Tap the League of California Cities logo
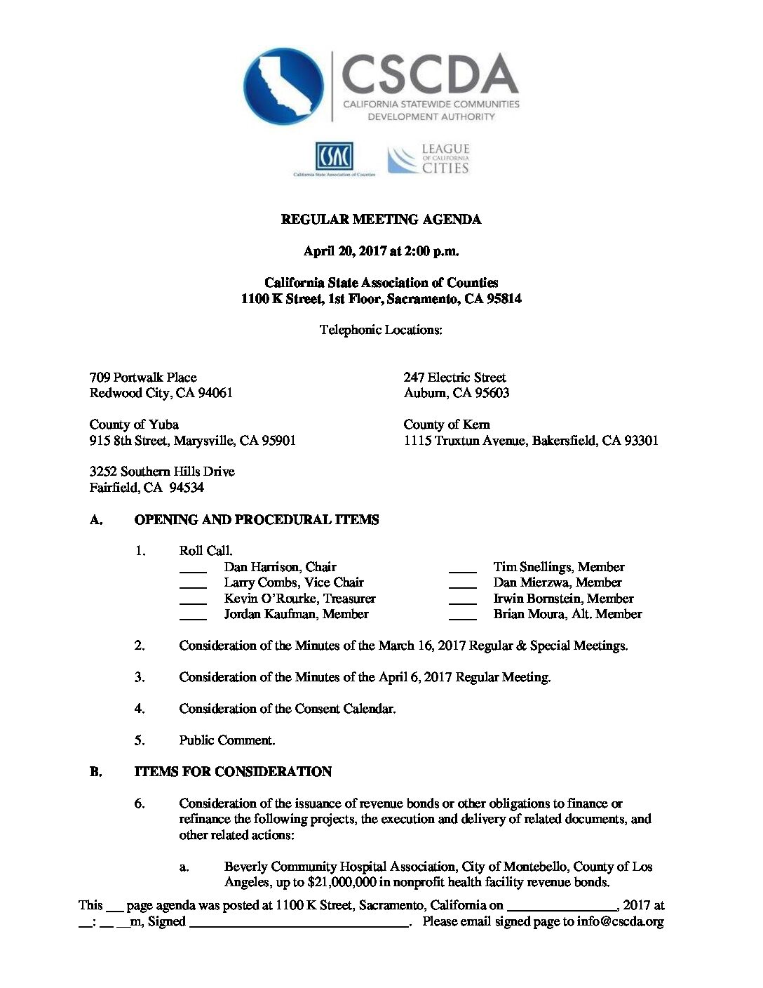point(428,159)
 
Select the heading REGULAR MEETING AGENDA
point(381,220)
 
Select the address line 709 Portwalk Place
point(143,378)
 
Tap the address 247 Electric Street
point(454,378)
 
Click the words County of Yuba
point(134,425)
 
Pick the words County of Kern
point(447,425)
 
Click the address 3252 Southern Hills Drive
point(162,472)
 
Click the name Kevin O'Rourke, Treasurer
point(299,599)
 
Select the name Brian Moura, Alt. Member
point(567,614)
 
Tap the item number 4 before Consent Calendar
point(140,709)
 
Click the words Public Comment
point(227,740)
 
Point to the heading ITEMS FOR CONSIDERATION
point(233,772)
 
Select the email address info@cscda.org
point(620,921)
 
